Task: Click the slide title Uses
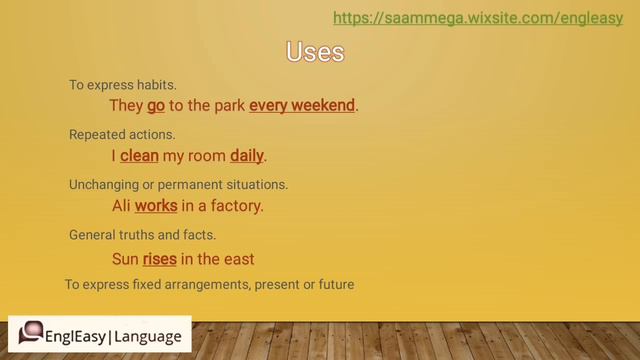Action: click(315, 51)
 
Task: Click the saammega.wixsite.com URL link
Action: click(477, 18)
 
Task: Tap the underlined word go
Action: click(156, 105)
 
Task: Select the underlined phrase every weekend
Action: click(302, 105)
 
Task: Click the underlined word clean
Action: click(139, 156)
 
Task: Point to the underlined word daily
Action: click(247, 156)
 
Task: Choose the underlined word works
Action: click(156, 206)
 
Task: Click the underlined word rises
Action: click(160, 258)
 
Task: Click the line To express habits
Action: click(123, 85)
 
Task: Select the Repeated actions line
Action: click(122, 134)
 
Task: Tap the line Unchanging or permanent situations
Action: click(178, 185)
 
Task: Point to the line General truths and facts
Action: click(142, 236)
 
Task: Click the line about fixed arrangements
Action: click(210, 284)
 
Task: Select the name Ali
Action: click(121, 206)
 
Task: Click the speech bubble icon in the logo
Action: click(31, 334)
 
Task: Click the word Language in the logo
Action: click(149, 337)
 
